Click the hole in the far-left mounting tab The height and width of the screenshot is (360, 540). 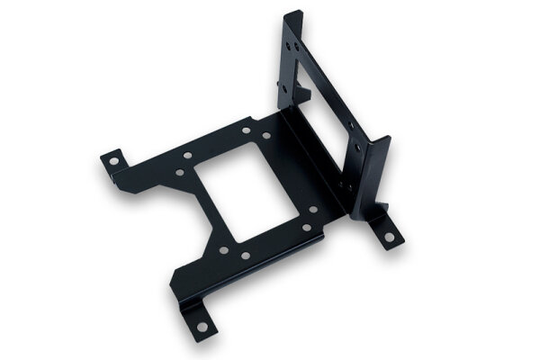point(113,162)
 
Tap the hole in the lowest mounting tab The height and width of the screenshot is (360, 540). point(202,325)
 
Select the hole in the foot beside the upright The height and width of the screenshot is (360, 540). point(389,238)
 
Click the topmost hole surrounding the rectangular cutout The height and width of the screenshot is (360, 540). point(246,130)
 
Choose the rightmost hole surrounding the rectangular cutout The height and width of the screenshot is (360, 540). point(313,210)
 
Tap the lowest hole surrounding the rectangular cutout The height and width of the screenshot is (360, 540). point(245,256)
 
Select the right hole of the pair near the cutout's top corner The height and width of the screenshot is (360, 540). point(266,136)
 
